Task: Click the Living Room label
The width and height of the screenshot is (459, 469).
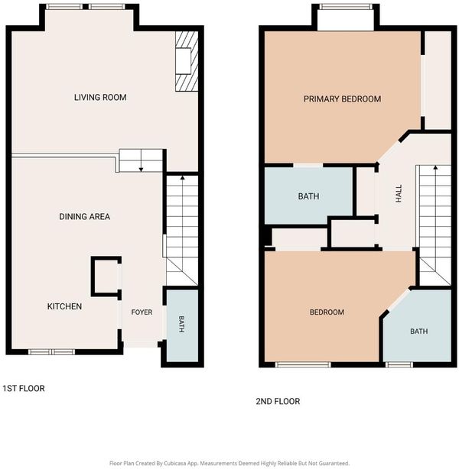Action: point(100,97)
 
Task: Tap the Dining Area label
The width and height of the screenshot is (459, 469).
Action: point(84,217)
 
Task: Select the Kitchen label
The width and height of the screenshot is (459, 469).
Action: point(64,306)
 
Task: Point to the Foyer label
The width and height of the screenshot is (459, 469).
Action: point(142,312)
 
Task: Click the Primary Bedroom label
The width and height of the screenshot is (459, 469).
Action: point(343,99)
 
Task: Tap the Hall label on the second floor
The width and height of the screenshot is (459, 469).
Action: point(399,193)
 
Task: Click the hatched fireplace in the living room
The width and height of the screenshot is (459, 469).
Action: point(187,61)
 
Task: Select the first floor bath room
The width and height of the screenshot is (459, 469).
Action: point(182,325)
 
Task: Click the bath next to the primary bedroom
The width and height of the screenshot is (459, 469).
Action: point(308,196)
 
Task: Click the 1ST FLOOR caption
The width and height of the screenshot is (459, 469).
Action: point(24,388)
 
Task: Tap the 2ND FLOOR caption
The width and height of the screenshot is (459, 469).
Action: point(278,401)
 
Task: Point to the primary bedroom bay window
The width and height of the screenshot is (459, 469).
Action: point(346,7)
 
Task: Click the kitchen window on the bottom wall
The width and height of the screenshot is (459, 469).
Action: point(51,352)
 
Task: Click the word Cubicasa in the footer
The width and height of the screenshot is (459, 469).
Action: point(175,463)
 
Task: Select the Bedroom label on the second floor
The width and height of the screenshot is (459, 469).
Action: point(327,312)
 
